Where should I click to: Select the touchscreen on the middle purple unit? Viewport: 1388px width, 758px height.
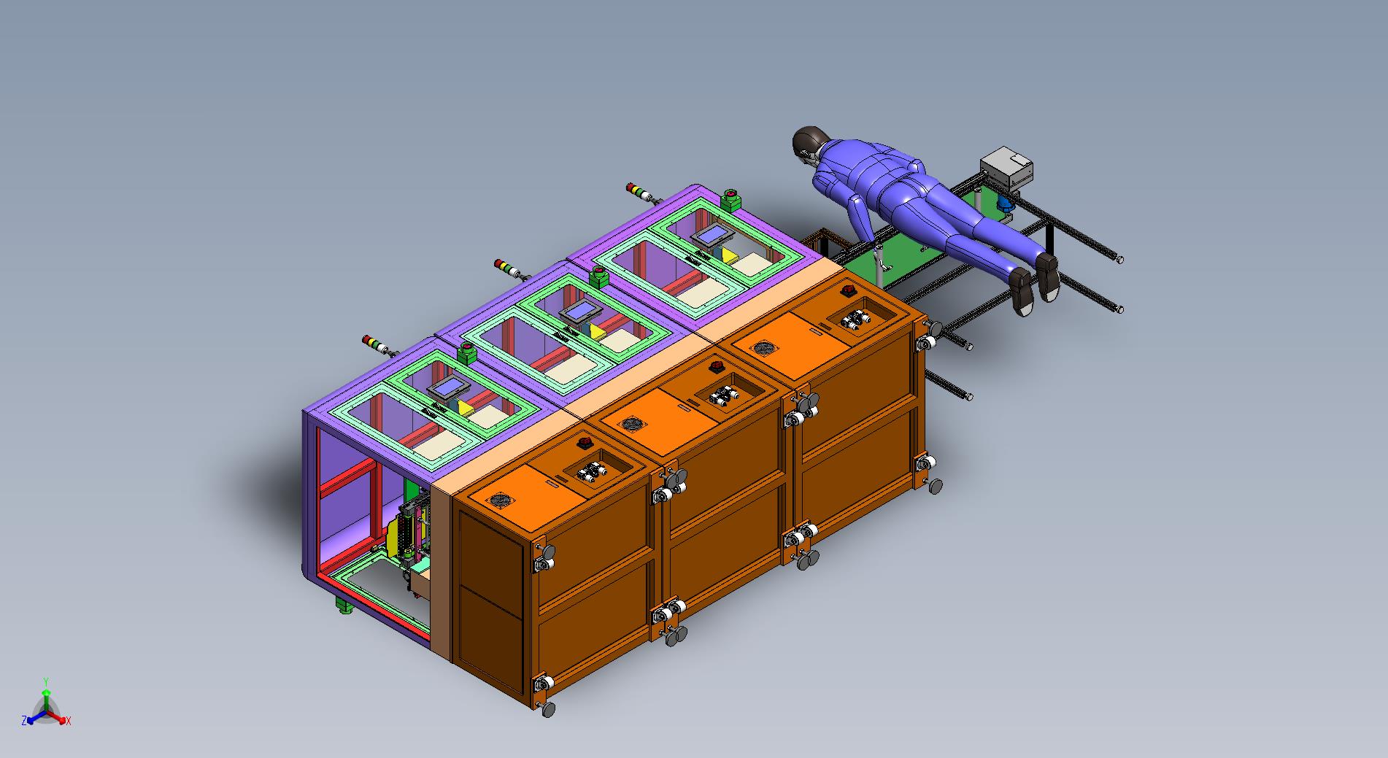click(581, 312)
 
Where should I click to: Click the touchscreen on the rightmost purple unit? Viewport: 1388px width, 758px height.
click(711, 236)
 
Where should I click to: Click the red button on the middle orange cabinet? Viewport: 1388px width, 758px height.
click(716, 367)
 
